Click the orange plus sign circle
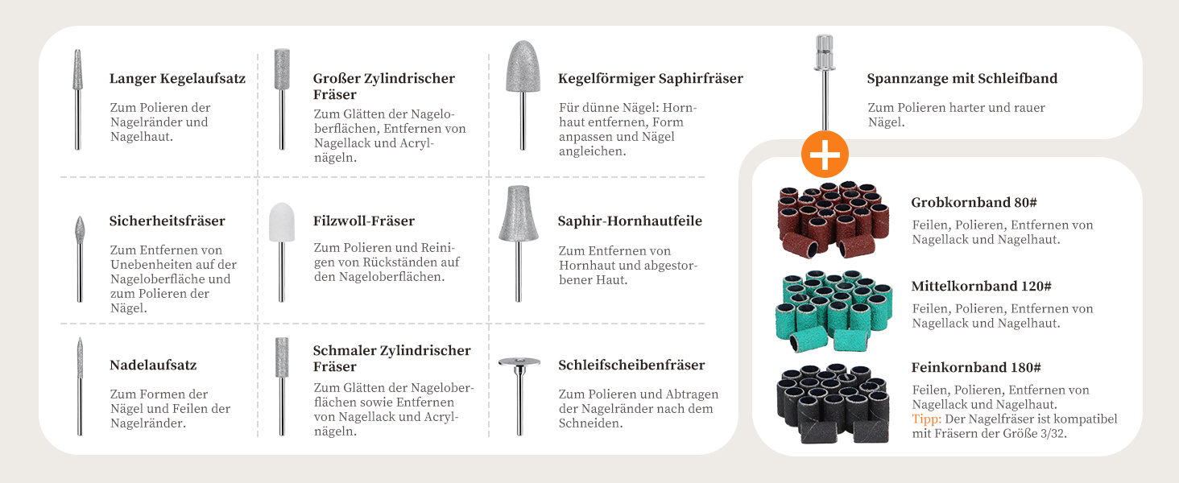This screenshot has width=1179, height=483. [x=825, y=155]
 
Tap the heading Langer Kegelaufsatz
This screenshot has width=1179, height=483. [x=177, y=78]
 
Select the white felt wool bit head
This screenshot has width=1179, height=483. [x=282, y=222]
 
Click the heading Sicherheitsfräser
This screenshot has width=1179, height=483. [x=167, y=221]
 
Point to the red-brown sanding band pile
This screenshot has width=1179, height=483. [x=834, y=220]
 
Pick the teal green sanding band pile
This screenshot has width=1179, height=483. [x=834, y=311]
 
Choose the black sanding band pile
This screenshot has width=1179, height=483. [x=833, y=403]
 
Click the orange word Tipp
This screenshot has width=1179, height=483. [x=927, y=419]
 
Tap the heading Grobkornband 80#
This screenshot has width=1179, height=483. [x=974, y=203]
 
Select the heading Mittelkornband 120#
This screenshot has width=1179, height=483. [x=981, y=287]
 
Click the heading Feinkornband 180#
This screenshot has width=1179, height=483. [x=976, y=367]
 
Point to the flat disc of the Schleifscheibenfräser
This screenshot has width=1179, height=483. [x=519, y=362]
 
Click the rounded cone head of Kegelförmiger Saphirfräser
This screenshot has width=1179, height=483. [x=523, y=67]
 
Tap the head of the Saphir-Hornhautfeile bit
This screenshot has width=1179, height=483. [x=519, y=213]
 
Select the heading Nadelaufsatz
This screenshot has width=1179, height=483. [x=153, y=365]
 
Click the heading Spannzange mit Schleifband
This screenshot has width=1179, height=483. [x=962, y=78]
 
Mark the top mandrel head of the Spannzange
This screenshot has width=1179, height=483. [x=824, y=52]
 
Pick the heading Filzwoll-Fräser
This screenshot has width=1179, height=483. [x=364, y=221]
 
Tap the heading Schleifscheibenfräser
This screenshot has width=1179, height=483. [x=631, y=365]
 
